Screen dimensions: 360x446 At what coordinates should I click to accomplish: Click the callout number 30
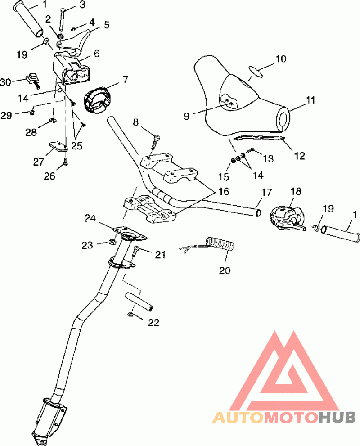pyautogui.click(x=6, y=82)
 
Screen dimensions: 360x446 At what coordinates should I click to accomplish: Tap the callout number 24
pyautogui.click(x=90, y=218)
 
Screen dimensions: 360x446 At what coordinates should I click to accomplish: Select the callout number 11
pyautogui.click(x=310, y=100)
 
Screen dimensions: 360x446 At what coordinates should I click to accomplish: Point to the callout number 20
pyautogui.click(x=225, y=270)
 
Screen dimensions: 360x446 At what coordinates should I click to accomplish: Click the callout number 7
pyautogui.click(x=126, y=79)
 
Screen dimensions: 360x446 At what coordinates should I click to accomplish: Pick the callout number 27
pyautogui.click(x=39, y=162)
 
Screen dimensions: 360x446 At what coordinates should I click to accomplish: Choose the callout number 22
pyautogui.click(x=153, y=323)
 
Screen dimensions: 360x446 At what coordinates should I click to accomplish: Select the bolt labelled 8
pyautogui.click(x=156, y=142)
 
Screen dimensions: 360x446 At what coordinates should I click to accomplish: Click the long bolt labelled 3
pyautogui.click(x=62, y=19)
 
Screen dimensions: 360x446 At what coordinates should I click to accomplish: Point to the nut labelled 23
pyautogui.click(x=112, y=242)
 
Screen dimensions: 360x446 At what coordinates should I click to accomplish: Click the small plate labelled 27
pyautogui.click(x=58, y=146)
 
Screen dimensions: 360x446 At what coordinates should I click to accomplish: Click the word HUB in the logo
pyautogui.click(x=337, y=417)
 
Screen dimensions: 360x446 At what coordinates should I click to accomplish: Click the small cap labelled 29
pyautogui.click(x=32, y=113)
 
